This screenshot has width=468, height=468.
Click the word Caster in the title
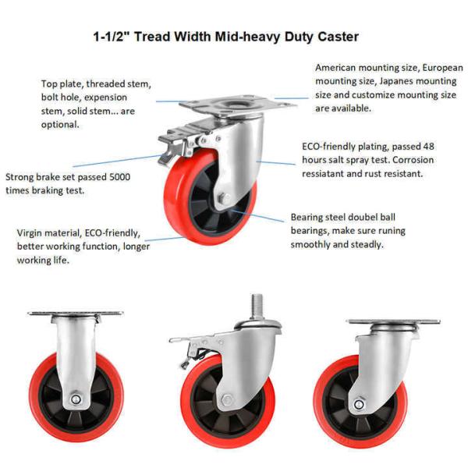[x=338, y=37]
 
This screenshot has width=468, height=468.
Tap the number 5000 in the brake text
[x=119, y=177]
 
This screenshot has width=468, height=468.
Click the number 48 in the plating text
[x=428, y=147]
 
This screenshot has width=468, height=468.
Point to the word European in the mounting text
[x=442, y=68]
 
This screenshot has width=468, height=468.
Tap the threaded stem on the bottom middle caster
[x=257, y=307]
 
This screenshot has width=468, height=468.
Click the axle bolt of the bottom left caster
[x=76, y=399]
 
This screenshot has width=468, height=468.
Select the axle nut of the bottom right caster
[x=359, y=404]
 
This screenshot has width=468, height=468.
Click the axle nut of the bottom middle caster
[x=228, y=400]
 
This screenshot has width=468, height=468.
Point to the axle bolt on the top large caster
[x=224, y=198]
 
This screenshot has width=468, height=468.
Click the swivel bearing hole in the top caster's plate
[x=236, y=105]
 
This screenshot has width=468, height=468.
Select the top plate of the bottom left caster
[x=75, y=314]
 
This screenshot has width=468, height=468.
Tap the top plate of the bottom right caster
[x=393, y=321]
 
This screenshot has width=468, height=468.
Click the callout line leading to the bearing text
[x=257, y=215]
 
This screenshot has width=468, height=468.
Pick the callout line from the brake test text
[x=118, y=161]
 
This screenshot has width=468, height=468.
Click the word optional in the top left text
[x=60, y=125]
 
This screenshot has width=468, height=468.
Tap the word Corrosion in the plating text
[x=413, y=160]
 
